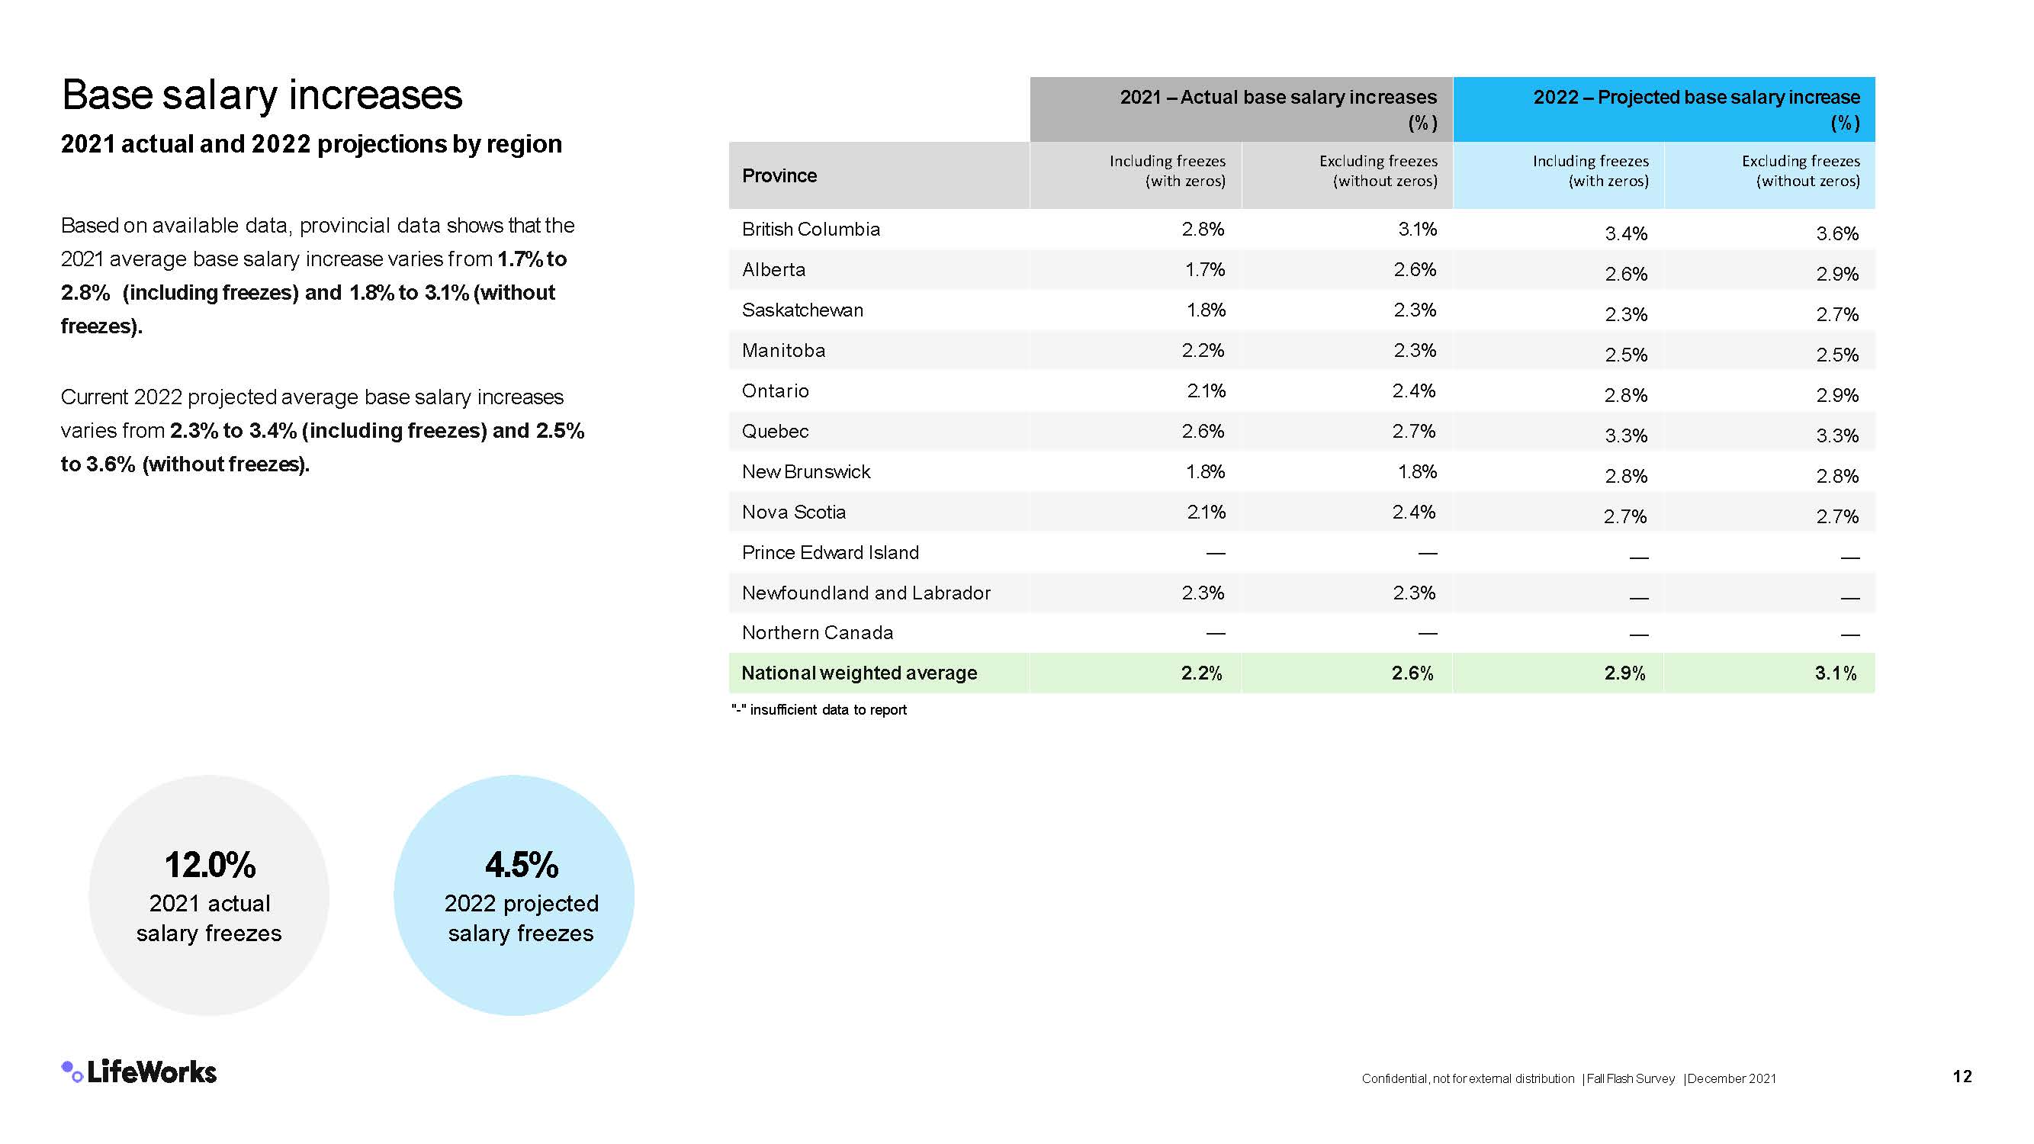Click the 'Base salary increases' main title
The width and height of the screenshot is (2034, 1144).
262,95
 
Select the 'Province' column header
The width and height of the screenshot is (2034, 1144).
779,175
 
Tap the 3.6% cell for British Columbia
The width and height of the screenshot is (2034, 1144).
1836,233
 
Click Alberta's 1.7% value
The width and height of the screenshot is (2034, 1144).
1204,270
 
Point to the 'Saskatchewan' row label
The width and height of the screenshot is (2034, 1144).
802,310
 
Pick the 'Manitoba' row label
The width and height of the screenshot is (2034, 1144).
783,351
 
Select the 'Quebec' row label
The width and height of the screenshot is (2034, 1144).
775,431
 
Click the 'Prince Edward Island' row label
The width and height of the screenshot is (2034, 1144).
830,553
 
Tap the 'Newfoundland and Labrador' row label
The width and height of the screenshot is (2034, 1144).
866,593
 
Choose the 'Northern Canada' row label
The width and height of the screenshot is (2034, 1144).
818,633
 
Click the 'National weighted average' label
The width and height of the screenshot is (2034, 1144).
859,673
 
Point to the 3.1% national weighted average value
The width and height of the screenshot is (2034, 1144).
1835,673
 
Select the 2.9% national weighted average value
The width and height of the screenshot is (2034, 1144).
1624,673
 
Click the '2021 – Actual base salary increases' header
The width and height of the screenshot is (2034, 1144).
1277,98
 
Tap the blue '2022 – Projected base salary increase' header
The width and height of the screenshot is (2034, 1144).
1696,98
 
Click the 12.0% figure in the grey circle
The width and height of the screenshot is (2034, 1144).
210,866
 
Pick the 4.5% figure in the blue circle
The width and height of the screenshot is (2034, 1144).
521,866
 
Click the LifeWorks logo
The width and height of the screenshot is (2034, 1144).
139,1072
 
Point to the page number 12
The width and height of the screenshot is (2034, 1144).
1962,1076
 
